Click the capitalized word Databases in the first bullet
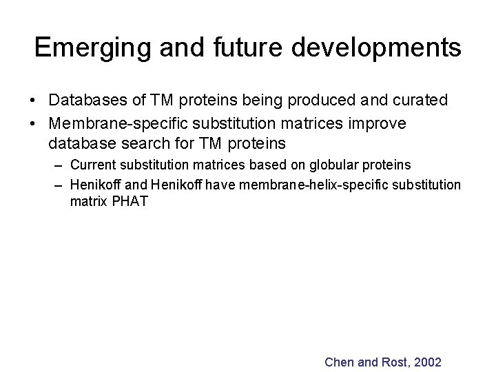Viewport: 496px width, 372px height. click(89, 101)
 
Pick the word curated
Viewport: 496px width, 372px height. click(422, 101)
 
